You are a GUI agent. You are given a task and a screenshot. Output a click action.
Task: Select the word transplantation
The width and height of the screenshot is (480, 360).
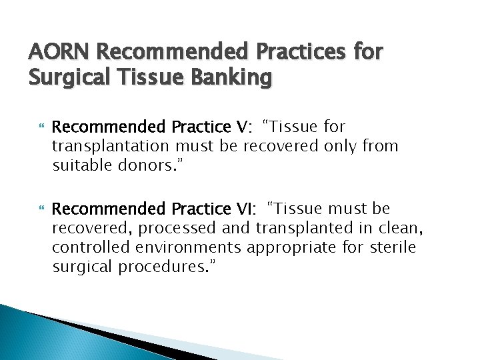pos(112,145)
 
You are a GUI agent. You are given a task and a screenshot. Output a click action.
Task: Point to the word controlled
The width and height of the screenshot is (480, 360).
pos(91,247)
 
